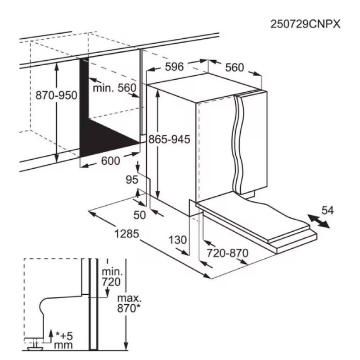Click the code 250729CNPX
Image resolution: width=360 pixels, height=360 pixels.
(x=305, y=24)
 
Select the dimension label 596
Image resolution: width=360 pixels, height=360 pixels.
(x=175, y=67)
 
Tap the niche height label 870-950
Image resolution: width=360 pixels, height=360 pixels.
(x=57, y=95)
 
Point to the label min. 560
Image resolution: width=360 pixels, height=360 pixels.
(x=115, y=88)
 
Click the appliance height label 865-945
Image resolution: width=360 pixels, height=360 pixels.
(x=169, y=139)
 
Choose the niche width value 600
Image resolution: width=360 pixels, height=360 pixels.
(x=110, y=161)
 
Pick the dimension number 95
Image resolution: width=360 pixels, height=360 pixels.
(x=132, y=180)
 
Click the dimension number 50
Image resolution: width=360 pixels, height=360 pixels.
(x=139, y=215)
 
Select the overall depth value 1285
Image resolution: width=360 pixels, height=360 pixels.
(x=127, y=234)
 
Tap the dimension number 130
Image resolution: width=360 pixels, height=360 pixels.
(x=178, y=240)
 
